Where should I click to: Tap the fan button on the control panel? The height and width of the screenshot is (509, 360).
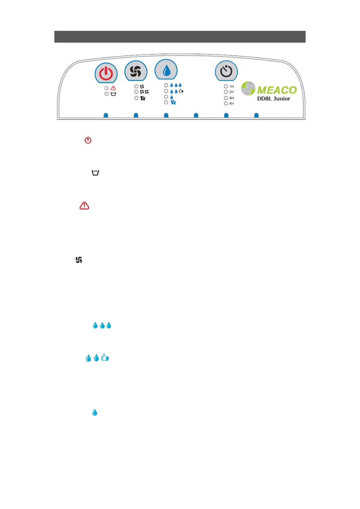point(136,71)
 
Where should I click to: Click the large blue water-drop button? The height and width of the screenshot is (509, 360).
point(166,71)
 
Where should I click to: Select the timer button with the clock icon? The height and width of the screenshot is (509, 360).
point(226,71)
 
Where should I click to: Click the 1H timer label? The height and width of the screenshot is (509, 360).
point(232,86)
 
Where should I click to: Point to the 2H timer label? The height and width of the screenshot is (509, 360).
point(232,92)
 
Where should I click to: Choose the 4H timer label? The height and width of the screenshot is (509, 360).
point(232,98)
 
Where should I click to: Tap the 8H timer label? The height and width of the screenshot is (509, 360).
point(232,104)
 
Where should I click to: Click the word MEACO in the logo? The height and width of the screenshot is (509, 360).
point(277,90)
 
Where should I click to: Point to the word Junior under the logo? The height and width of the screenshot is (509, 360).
point(282,99)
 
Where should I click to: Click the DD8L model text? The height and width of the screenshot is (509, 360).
point(264,99)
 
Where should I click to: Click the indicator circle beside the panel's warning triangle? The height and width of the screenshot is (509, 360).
point(106,88)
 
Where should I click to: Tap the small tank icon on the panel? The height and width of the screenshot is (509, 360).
point(113,94)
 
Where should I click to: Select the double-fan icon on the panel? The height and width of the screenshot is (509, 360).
point(144,92)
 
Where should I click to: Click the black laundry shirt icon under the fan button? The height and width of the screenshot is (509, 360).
point(143,98)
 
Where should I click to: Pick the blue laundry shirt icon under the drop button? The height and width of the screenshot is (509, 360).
point(173,102)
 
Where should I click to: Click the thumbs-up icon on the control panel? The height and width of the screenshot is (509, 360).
point(181,91)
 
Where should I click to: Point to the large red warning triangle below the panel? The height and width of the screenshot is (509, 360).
point(84,206)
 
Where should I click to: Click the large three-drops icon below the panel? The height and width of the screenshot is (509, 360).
point(102,325)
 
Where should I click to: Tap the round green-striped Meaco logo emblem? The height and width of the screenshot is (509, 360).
point(248,88)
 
